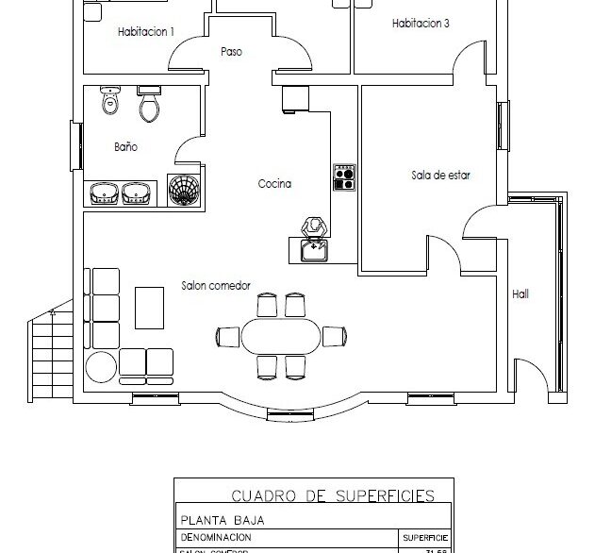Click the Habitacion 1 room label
tap(145, 32)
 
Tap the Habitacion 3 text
tap(420, 24)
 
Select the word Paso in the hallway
tap(231, 52)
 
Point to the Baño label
tap(125, 147)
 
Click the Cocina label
tap(274, 184)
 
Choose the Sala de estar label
tap(440, 175)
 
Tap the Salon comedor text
tap(216, 284)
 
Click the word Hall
tap(520, 294)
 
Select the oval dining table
tap(280, 336)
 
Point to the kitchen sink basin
tap(311, 250)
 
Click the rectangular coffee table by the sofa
tap(149, 307)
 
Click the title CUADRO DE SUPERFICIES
tap(333, 494)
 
